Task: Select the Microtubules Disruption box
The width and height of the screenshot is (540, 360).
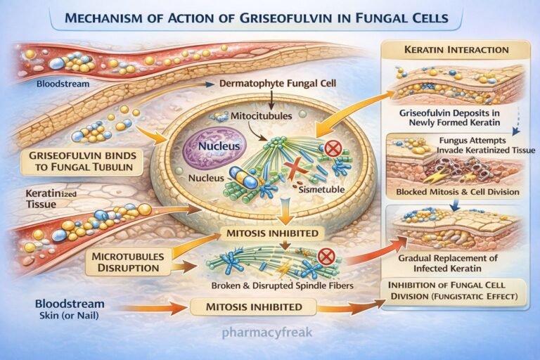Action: [127, 261]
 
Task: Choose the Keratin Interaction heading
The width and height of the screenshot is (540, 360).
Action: [454, 50]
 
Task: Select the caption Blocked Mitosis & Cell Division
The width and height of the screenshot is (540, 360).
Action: [457, 192]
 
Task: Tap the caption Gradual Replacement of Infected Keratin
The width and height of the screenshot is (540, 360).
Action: [457, 263]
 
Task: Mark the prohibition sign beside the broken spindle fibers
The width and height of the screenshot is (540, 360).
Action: [326, 257]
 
